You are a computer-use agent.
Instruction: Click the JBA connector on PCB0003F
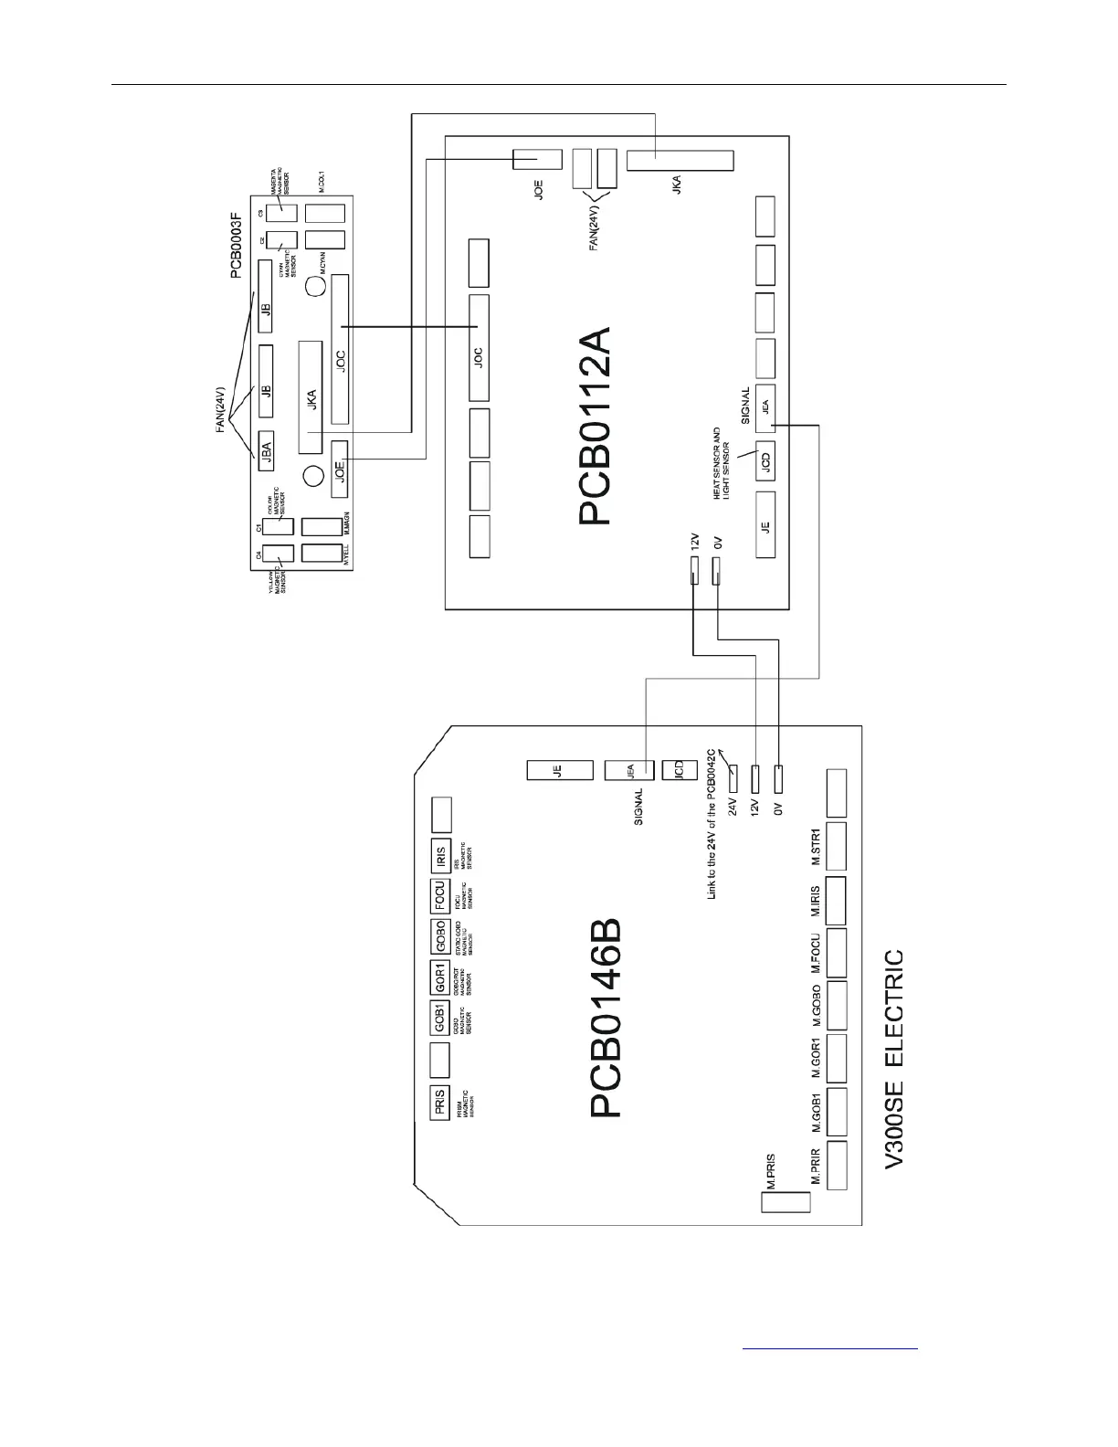coord(267,449)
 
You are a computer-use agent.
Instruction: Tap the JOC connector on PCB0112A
coord(479,348)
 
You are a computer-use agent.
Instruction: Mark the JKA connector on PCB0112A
coord(680,161)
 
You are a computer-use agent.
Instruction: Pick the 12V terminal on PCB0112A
coord(693,572)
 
